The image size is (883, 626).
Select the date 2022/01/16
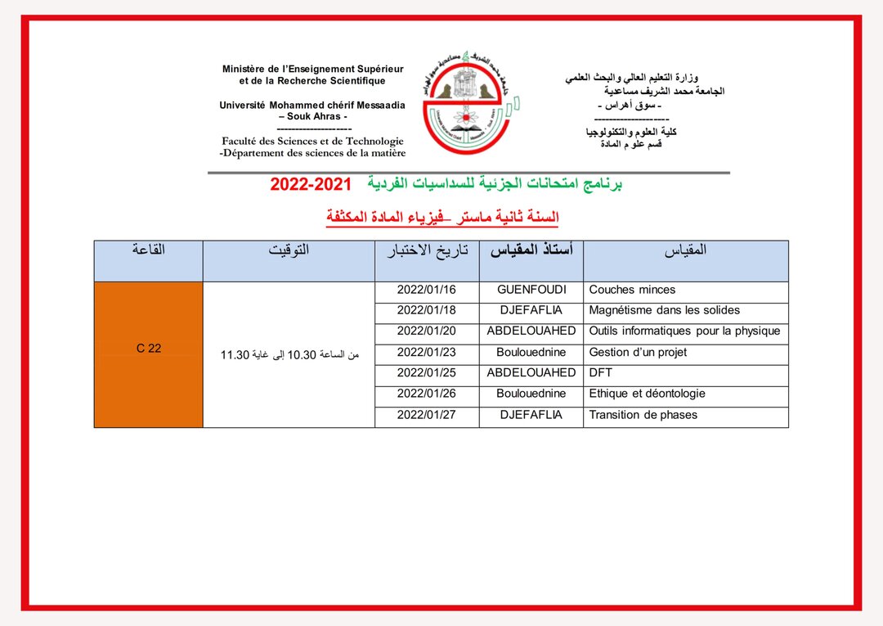click(426, 290)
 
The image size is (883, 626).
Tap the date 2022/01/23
click(426, 353)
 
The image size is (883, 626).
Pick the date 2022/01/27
click(426, 415)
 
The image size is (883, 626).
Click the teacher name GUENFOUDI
click(531, 290)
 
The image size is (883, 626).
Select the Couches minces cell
click(632, 290)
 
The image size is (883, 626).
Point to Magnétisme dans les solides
click(664, 310)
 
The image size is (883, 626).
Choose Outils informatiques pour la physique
click(684, 331)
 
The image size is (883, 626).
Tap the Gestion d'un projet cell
click(638, 353)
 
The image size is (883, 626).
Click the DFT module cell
click(600, 373)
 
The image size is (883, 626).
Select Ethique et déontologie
click(647, 394)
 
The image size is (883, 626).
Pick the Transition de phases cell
click(643, 415)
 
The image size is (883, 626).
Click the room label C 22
click(149, 348)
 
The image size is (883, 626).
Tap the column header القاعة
click(149, 250)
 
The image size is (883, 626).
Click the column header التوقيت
click(289, 250)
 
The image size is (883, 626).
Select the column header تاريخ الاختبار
click(427, 250)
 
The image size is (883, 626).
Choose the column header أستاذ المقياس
click(531, 250)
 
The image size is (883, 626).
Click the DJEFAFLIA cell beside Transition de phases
click(531, 415)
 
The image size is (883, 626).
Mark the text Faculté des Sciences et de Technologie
click(312, 141)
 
